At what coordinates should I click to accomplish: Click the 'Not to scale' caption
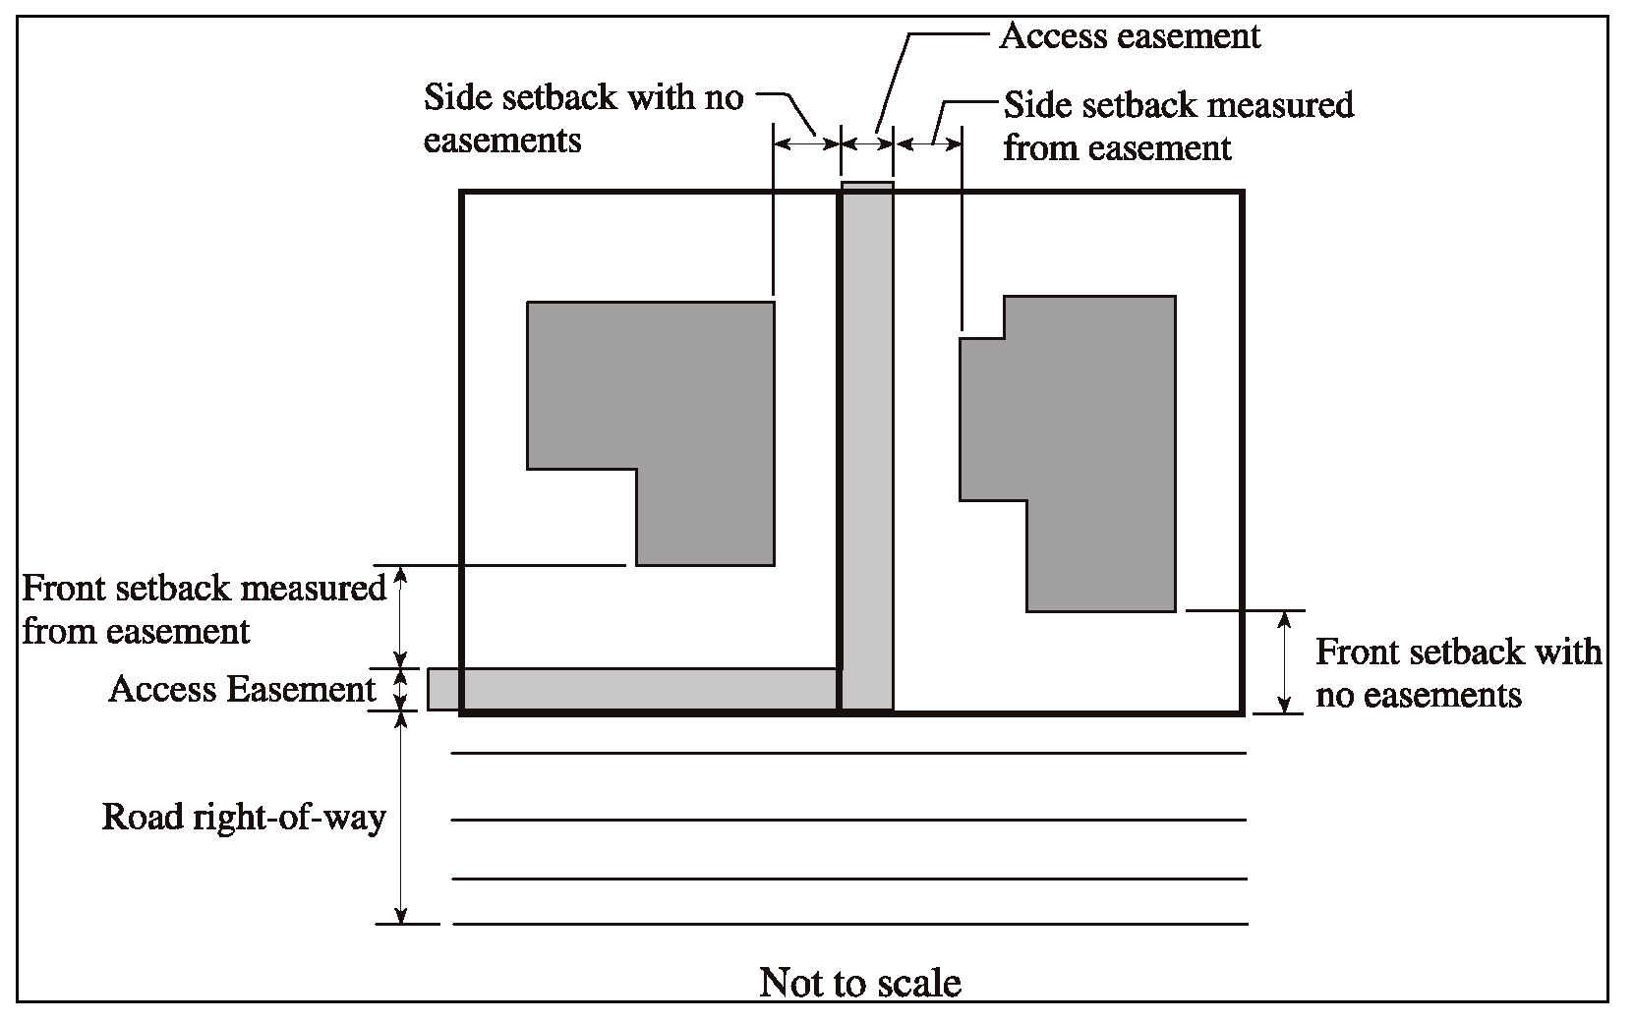point(860,983)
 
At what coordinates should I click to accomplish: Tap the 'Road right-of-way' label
point(244,818)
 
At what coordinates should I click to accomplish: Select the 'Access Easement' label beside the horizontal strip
point(242,689)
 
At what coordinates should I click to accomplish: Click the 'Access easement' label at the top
point(1130,35)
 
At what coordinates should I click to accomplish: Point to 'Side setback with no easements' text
point(584,118)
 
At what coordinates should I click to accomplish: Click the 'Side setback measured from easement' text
point(1179,126)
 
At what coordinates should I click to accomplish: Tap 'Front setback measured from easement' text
point(204,609)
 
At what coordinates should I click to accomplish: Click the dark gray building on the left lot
point(651,433)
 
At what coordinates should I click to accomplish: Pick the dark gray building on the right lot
point(1067,453)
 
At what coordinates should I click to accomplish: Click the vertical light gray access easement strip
point(867,446)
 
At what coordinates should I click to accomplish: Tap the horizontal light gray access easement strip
point(633,690)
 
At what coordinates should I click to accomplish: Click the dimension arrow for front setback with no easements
point(1285,662)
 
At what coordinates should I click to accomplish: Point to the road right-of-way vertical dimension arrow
point(400,818)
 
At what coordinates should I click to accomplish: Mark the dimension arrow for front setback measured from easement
point(400,617)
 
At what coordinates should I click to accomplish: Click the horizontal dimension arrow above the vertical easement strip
point(867,144)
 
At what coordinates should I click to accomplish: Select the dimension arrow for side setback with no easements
point(807,144)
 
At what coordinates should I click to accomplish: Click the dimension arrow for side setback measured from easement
point(929,144)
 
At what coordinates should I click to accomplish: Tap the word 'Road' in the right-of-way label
point(143,817)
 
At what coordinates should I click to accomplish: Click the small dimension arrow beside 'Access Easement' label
point(400,690)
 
